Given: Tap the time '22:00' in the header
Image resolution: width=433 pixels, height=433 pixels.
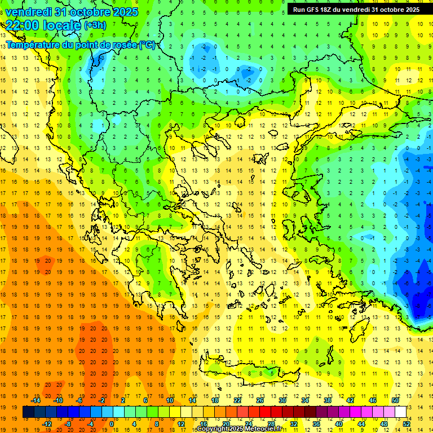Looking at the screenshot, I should (x=20, y=25).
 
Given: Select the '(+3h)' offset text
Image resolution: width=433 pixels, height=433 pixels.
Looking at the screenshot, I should (x=94, y=25).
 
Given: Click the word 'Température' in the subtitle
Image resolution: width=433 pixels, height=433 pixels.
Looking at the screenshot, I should (x=33, y=45).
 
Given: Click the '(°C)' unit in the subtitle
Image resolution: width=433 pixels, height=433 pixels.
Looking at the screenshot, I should (x=148, y=45).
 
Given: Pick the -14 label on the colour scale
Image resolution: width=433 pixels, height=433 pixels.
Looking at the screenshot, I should (x=36, y=400).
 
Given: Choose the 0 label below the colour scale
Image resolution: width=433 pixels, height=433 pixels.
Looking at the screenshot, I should (x=111, y=424).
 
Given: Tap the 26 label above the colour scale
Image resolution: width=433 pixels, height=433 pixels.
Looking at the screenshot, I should (x=260, y=400).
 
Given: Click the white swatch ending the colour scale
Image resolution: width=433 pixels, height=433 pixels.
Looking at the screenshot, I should (x=401, y=412).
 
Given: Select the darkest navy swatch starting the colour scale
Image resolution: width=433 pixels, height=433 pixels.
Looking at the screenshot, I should (x=28, y=412).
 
